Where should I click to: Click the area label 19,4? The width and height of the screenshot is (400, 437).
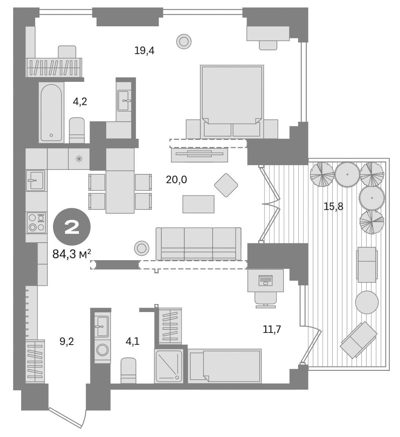point(144,50)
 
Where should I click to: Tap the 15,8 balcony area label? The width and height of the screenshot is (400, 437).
point(333,206)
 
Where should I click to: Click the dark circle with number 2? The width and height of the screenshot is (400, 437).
point(72,227)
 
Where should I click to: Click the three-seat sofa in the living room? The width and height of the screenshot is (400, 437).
point(198,243)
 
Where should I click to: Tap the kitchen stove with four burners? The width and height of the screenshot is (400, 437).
point(36,223)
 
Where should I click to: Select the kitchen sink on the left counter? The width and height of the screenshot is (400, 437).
point(35,180)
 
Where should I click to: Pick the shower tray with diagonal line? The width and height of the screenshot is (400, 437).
point(168,366)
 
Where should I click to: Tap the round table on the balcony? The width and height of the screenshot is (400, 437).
point(367,302)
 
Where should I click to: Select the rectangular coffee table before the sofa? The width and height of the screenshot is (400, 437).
point(198,204)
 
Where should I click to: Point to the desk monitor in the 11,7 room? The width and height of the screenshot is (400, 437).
point(266,280)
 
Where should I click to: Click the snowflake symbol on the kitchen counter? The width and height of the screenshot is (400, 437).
point(79,159)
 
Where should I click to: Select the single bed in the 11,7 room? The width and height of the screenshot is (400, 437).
point(225,366)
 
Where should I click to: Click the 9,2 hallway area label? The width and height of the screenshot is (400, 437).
point(66,341)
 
